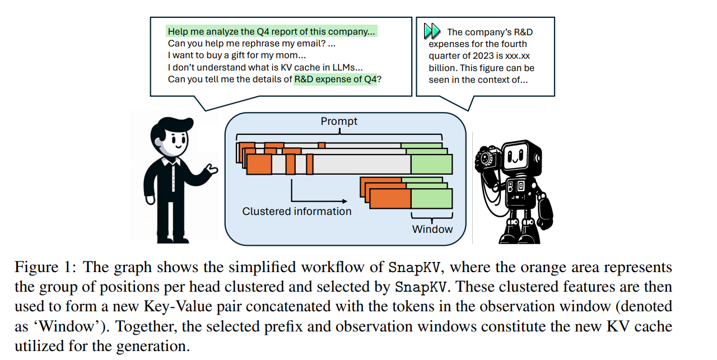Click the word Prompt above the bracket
(339, 121)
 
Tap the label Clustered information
(297, 212)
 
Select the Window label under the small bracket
(432, 229)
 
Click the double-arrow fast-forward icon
(432, 31)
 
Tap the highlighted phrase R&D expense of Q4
(336, 80)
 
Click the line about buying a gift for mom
(237, 55)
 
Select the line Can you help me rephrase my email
(252, 44)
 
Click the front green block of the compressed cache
(431, 199)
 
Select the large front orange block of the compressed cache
(390, 199)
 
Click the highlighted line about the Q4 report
(272, 31)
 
